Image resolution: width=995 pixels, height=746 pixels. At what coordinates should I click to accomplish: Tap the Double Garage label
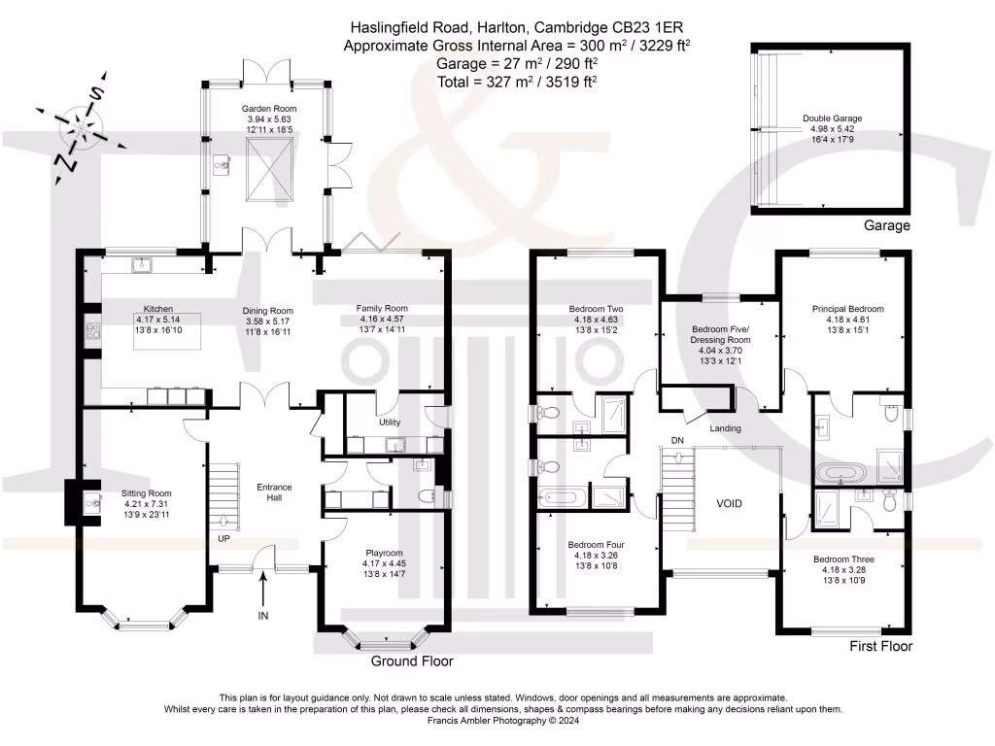pos(832,119)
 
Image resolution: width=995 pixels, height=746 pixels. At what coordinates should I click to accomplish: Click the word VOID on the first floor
pos(729,504)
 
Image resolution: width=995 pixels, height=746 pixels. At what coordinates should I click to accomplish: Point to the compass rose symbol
pos(80,127)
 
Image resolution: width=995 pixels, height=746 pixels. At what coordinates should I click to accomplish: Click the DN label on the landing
pos(677,441)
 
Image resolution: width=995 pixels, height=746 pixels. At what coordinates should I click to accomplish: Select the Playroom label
pos(383,553)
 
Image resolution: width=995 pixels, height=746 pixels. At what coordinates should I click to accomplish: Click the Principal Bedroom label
pos(847,309)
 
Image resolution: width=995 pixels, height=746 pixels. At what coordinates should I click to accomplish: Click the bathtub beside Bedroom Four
pos(564,497)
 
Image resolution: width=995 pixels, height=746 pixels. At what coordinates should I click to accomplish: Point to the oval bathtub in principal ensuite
pos(841,474)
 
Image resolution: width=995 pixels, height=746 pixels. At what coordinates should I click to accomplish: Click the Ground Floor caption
pos(412,661)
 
